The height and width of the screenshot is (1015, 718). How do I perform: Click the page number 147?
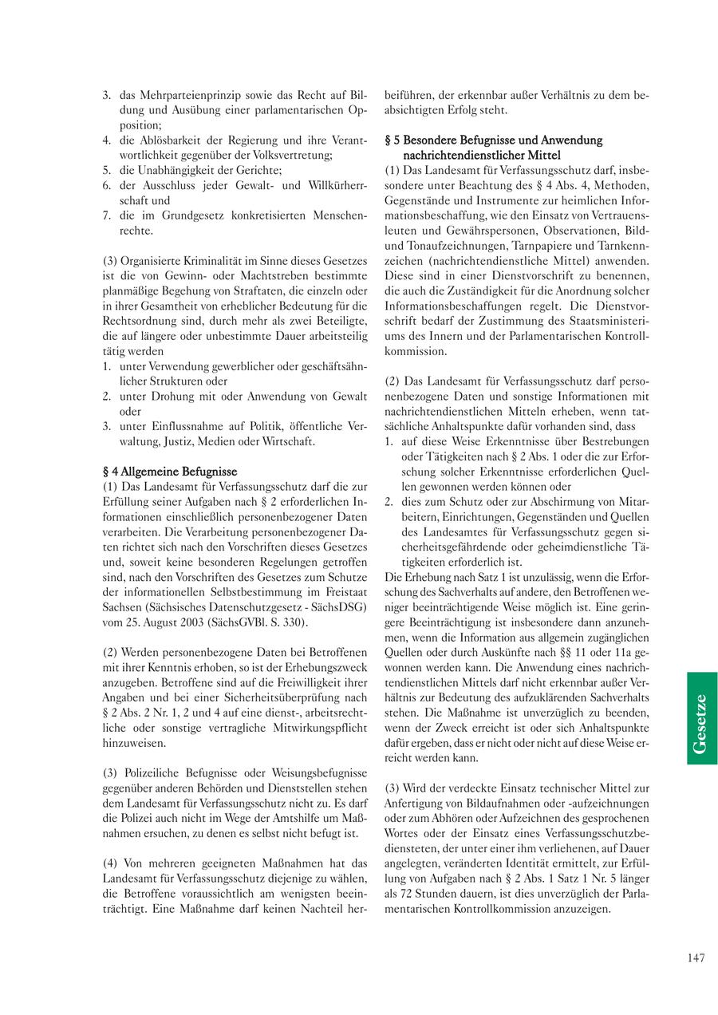click(696, 958)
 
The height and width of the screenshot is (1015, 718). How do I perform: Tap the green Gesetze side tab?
click(702, 718)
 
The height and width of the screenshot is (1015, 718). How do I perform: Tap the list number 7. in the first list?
click(107, 215)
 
